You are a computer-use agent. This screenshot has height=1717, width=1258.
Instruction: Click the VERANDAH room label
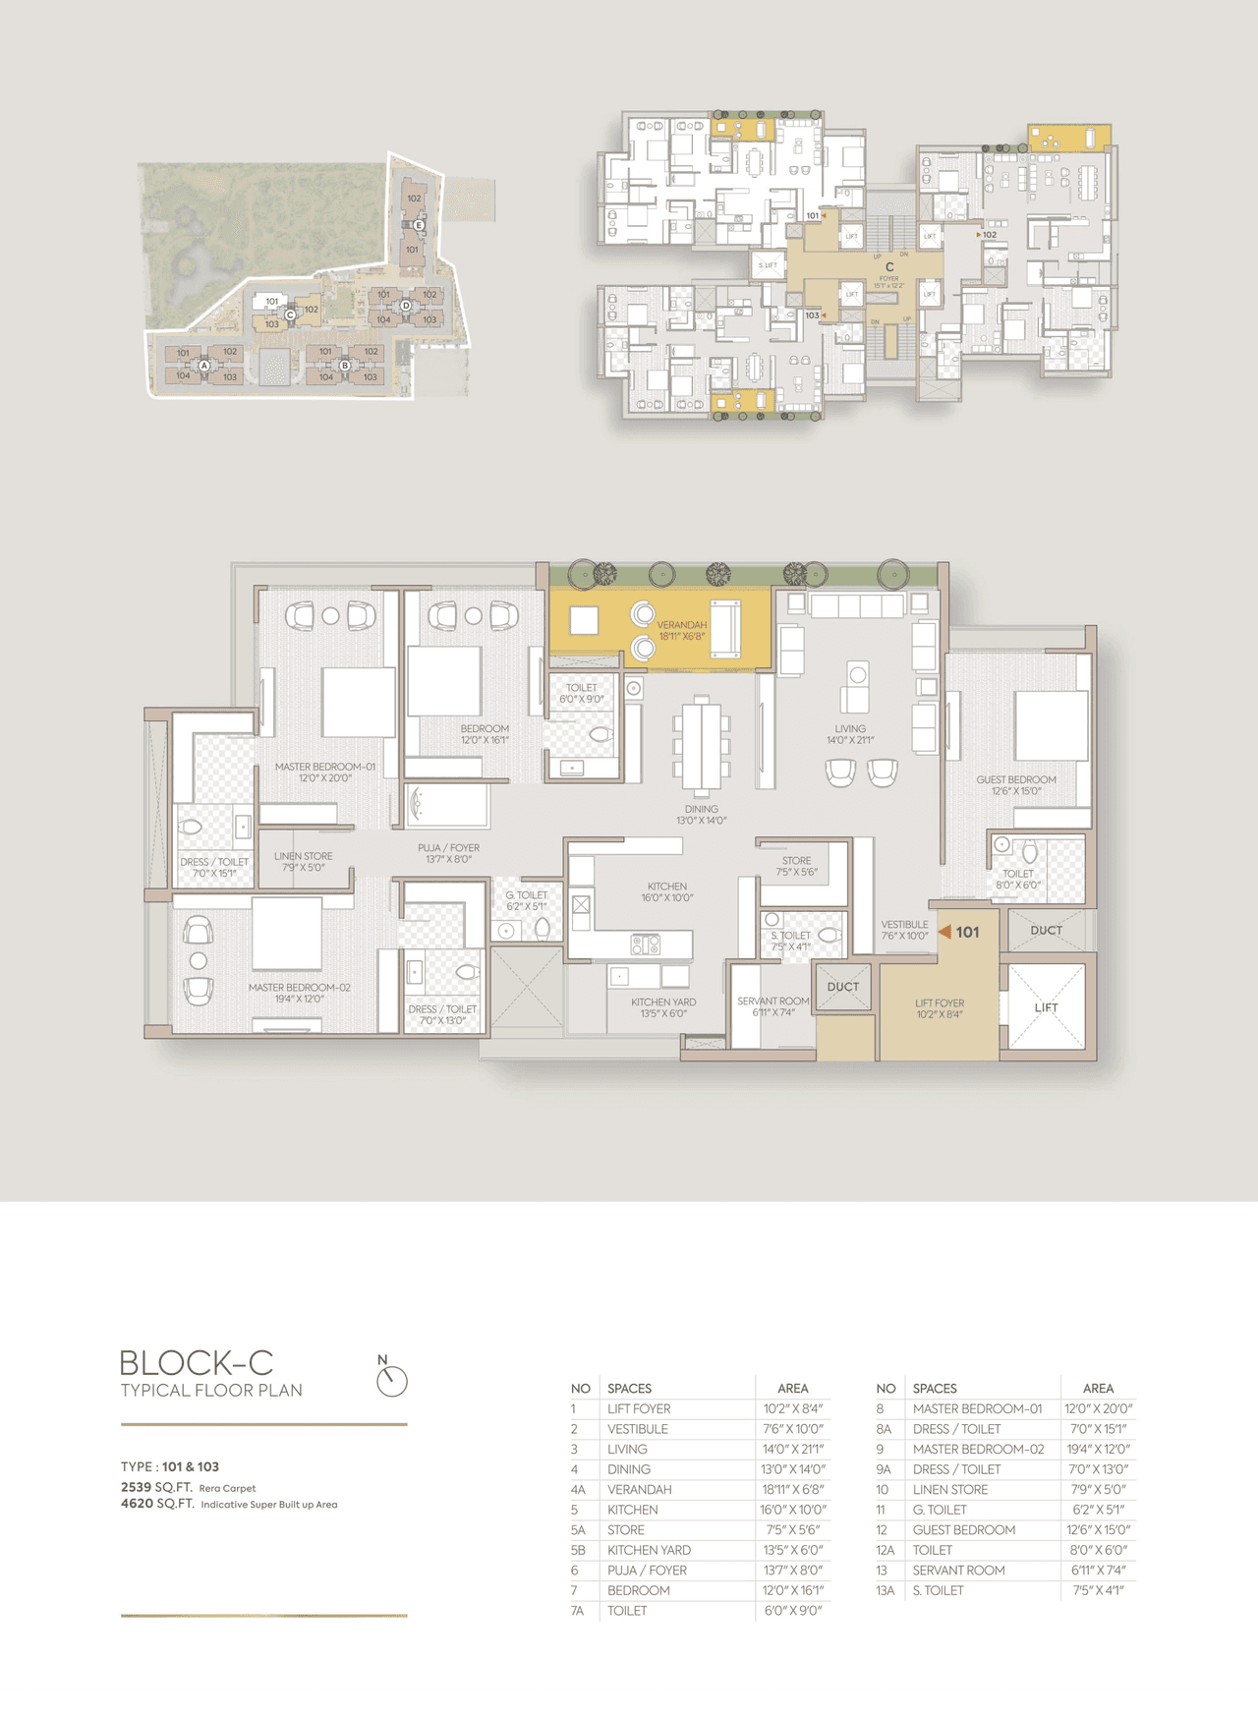(681, 630)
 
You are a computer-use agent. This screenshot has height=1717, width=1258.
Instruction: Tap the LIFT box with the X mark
(1046, 1006)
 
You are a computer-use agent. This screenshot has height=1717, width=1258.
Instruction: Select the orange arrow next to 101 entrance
(944, 932)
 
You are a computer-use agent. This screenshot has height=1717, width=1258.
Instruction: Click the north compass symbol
(391, 1380)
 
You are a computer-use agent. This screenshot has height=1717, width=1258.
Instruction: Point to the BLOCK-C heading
(197, 1363)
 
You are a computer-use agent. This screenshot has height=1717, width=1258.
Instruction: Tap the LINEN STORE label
(303, 861)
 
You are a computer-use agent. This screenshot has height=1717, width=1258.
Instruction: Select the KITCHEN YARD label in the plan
(663, 1007)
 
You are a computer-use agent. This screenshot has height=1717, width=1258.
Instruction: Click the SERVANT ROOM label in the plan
(773, 1005)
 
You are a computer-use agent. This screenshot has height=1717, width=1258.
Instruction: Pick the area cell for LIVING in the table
(792, 1449)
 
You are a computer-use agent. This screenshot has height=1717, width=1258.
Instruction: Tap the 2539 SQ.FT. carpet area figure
(156, 1487)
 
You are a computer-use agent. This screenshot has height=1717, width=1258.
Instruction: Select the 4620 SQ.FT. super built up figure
(156, 1504)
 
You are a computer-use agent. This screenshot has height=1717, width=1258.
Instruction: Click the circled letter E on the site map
(419, 225)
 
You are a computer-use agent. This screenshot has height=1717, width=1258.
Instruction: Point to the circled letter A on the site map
(204, 365)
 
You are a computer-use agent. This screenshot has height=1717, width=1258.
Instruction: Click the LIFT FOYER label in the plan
(939, 1008)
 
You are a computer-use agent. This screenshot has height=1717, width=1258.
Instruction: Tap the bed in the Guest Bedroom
(1051, 726)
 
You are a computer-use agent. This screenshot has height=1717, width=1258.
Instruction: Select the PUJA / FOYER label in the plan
(448, 852)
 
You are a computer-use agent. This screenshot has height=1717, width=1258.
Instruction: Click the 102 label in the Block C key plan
(989, 235)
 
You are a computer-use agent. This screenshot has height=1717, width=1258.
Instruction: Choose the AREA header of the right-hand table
(1098, 1388)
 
